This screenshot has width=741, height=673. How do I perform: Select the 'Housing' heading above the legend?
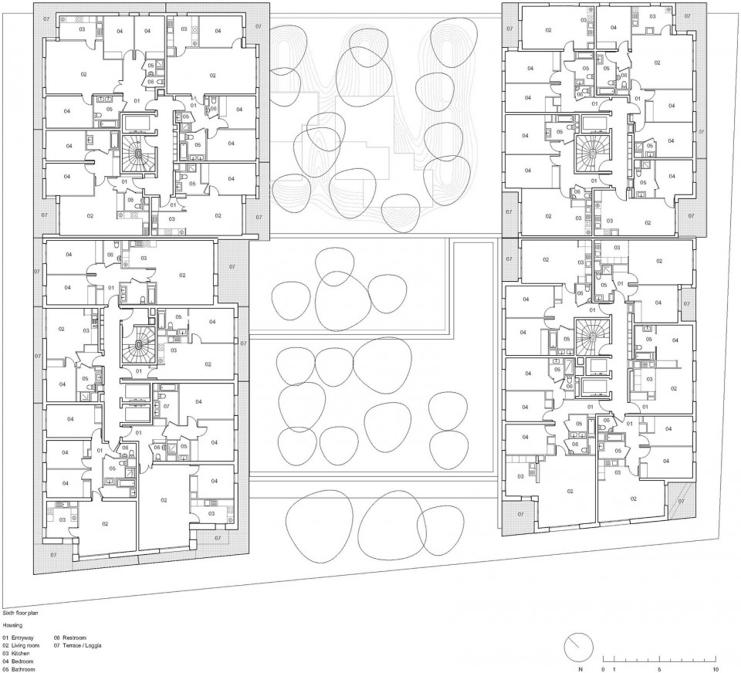click(13, 624)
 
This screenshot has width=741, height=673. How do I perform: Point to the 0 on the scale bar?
click(604, 669)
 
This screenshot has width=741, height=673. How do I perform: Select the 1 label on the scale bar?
click(614, 669)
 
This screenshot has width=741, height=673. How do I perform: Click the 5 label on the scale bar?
click(659, 669)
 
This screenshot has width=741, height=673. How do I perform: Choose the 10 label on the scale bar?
click(716, 669)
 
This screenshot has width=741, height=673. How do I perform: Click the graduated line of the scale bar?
click(660, 660)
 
